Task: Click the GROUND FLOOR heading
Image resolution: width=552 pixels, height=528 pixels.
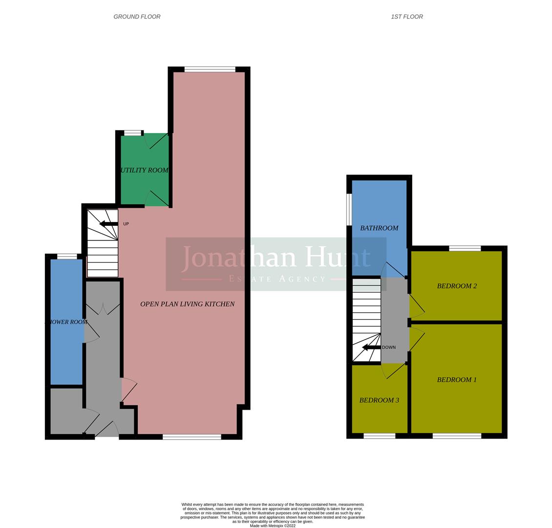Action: (137, 17)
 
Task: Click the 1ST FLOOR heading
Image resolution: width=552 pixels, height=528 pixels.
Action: (406, 17)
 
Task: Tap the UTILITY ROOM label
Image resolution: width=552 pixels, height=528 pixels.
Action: (145, 170)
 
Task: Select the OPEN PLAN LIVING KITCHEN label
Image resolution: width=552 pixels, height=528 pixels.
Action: (187, 304)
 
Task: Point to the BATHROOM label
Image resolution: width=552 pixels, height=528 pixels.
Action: (379, 228)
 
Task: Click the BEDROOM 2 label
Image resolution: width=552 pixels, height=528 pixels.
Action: (457, 286)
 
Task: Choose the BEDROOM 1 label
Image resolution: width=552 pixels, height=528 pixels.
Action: (457, 380)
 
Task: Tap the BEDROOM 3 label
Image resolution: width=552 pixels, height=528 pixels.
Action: (379, 400)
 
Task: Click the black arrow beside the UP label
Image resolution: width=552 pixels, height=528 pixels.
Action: (108, 224)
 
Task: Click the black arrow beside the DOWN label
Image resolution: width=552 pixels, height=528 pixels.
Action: (371, 348)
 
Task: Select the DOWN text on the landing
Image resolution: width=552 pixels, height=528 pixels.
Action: (389, 348)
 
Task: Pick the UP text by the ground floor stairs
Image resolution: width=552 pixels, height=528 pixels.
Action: (126, 224)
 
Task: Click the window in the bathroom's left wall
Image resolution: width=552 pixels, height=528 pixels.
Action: (349, 210)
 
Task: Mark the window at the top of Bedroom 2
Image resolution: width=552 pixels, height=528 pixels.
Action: (465, 248)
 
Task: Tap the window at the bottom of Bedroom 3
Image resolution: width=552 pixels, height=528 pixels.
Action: (379, 436)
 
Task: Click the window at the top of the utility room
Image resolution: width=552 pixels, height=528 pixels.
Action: (132, 133)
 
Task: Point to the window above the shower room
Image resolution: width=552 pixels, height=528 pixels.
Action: (67, 256)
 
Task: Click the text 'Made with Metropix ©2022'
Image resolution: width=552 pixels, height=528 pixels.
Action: (273, 526)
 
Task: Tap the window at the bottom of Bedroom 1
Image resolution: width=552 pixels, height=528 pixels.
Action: (457, 436)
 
